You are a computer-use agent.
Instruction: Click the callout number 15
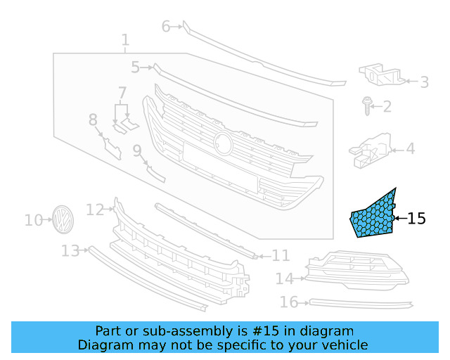(417, 219)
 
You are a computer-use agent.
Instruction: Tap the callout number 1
(125, 40)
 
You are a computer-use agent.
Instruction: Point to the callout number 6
(166, 27)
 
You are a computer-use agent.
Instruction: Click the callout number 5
(135, 67)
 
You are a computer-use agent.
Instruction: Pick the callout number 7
(122, 92)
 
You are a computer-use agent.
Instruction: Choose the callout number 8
(93, 120)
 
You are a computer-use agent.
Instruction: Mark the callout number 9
(137, 149)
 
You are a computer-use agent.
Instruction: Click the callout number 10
(33, 221)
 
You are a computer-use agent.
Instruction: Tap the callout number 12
(94, 209)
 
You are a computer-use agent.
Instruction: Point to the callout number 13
(70, 250)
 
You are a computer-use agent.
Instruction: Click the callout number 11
(281, 255)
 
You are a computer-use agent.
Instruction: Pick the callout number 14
(284, 279)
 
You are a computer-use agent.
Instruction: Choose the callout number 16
(289, 302)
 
